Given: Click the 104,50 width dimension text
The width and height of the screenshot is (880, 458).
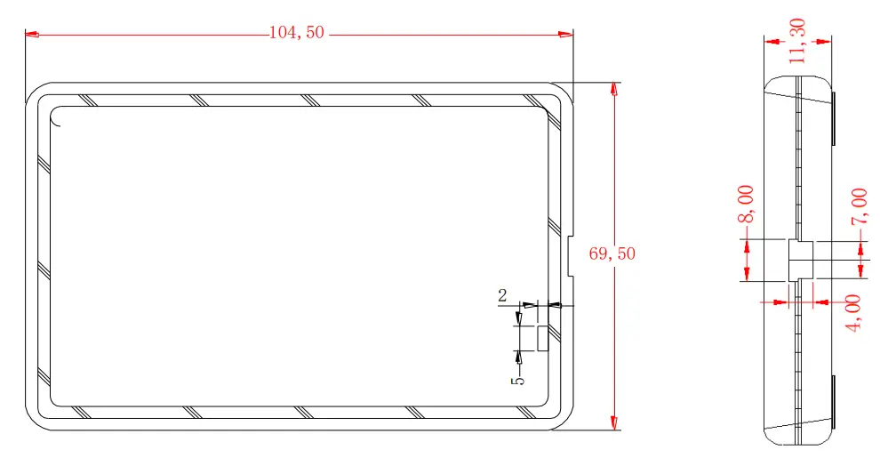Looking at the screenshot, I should [297, 34].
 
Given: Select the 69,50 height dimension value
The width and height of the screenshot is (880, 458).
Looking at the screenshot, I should [612, 253].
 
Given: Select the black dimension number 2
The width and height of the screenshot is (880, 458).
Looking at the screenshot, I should [502, 296].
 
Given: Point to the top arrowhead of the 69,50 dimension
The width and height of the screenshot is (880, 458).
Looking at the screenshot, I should [613, 89].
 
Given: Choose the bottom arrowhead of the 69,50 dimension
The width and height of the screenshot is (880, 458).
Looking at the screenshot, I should [613, 424].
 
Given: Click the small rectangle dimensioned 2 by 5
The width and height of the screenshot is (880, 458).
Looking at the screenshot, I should [541, 338].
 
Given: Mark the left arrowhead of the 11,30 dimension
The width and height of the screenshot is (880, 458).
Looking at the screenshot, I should [771, 40].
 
